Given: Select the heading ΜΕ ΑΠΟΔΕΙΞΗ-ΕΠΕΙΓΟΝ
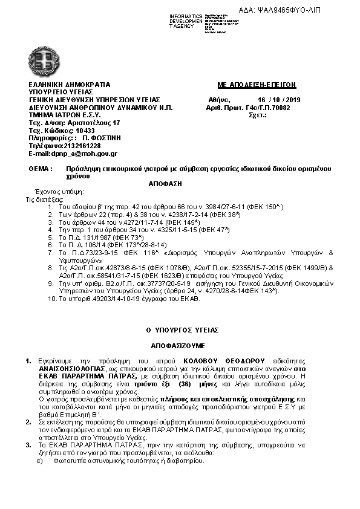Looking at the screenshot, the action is coord(257,85).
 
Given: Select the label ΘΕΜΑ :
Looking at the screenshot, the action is coord(41,170).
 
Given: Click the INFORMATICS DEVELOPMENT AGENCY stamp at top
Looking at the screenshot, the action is coord(186,20).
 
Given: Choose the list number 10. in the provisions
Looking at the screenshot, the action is coord(52,299).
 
